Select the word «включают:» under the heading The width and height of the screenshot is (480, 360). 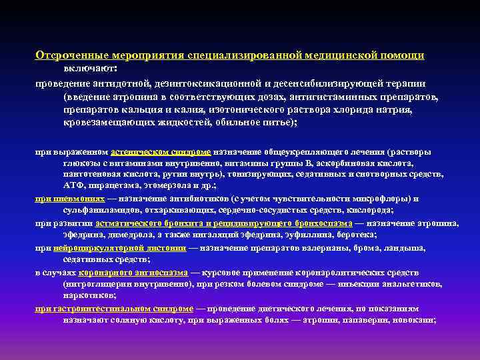(90, 68)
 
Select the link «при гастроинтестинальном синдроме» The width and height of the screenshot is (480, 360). (114, 309)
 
